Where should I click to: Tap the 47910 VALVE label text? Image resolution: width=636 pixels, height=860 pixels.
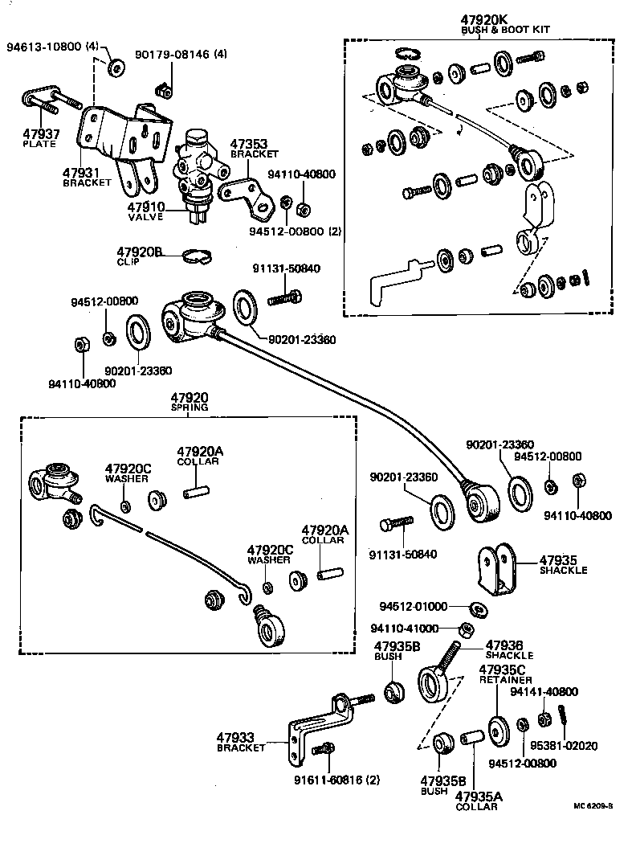click(145, 211)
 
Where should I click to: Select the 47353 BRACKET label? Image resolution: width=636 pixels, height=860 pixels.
click(254, 148)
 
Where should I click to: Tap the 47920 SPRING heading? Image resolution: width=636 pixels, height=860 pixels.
click(189, 402)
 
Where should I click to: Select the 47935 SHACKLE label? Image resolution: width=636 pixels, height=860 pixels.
click(563, 564)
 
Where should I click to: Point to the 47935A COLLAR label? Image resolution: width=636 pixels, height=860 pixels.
click(477, 801)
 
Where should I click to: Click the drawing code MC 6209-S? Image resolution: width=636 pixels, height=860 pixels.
click(593, 805)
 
